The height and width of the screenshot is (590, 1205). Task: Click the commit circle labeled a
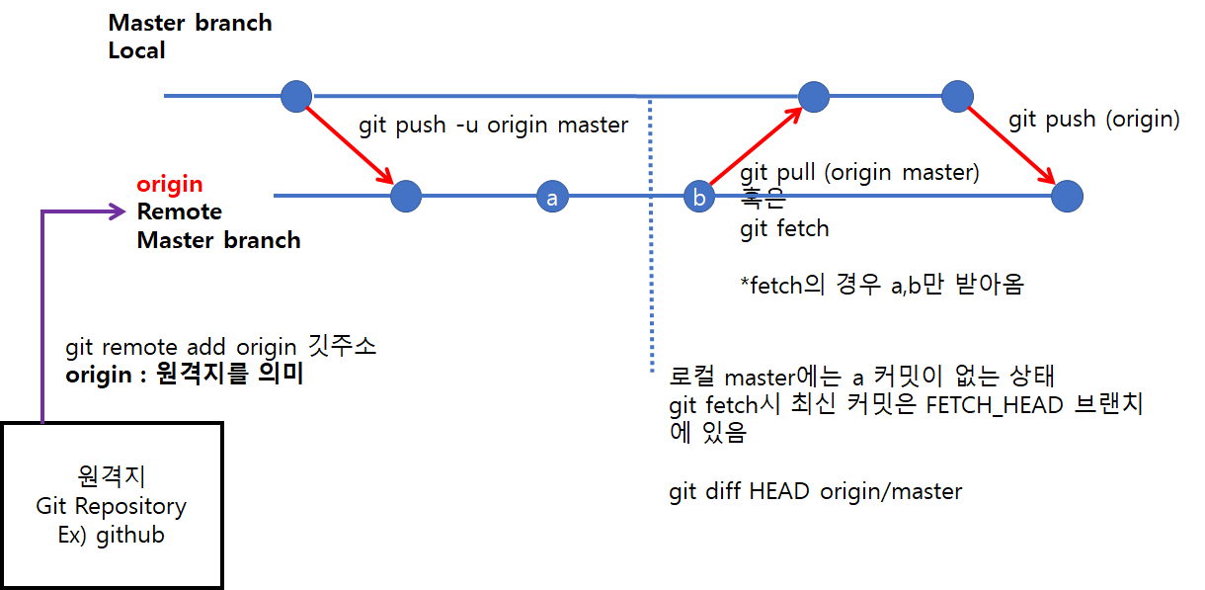552,198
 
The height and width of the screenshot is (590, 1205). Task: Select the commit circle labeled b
699,198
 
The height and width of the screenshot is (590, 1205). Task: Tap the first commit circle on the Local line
296,96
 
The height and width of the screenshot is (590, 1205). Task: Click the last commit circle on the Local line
958,96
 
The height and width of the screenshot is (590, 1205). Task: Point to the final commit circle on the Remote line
1067,197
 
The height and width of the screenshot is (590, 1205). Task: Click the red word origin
170,184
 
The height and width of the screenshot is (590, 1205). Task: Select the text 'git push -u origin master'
493,126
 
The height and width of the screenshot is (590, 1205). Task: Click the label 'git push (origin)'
1093,120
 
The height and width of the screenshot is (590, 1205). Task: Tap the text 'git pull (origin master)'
859,173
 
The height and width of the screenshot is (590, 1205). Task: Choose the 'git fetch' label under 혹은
784,229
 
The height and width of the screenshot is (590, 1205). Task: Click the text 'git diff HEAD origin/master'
815,491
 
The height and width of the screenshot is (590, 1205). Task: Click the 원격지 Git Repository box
112,505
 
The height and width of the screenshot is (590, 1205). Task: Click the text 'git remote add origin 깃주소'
221,348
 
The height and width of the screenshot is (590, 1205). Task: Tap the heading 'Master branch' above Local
190,23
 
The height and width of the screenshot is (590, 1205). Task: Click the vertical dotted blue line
651,237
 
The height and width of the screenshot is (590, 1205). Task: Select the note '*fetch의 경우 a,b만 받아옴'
882,286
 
